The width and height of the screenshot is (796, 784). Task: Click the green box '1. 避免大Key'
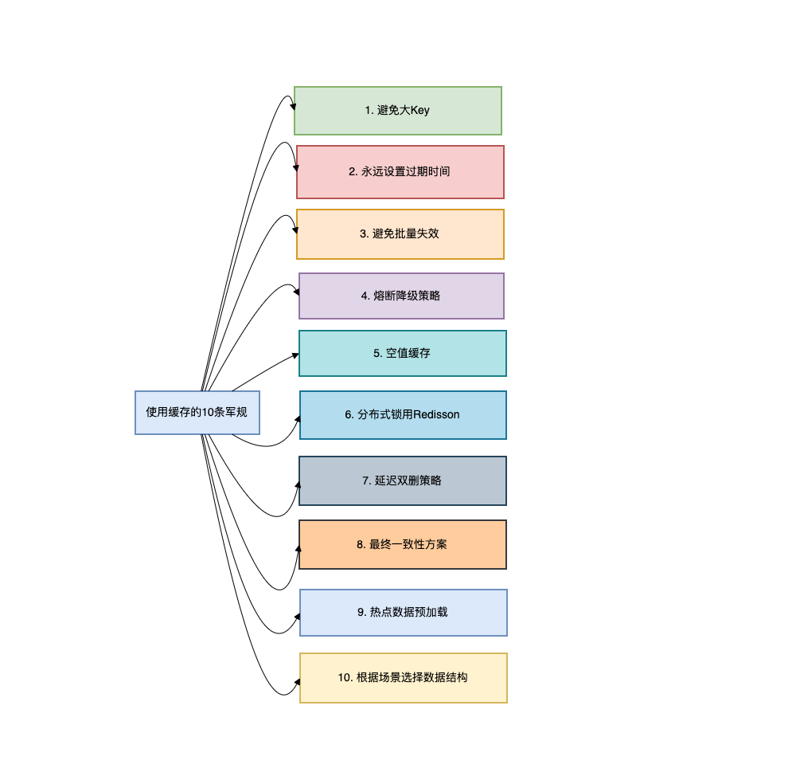click(397, 111)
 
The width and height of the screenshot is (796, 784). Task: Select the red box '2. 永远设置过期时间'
click(400, 172)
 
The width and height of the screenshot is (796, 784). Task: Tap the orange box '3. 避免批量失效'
click(400, 234)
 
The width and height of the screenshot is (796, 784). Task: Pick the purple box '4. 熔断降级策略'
click(401, 296)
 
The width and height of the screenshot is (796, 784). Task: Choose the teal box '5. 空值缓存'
click(402, 353)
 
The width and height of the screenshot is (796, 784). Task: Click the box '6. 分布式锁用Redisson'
click(402, 415)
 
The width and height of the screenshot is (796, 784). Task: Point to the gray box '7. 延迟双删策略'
click(402, 480)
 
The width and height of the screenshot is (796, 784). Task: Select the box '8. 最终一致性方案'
click(402, 544)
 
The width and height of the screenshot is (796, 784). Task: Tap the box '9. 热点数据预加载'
click(403, 613)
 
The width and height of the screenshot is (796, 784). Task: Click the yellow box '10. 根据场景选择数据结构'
click(403, 678)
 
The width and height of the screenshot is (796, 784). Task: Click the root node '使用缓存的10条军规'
click(197, 412)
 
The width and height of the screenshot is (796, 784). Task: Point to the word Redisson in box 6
click(436, 415)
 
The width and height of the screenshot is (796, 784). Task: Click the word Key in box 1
click(419, 111)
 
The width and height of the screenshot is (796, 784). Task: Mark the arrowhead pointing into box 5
click(295, 355)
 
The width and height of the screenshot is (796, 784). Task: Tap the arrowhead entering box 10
click(296, 682)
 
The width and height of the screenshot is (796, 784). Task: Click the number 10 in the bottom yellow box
click(344, 678)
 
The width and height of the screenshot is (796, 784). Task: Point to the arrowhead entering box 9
click(296, 616)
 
